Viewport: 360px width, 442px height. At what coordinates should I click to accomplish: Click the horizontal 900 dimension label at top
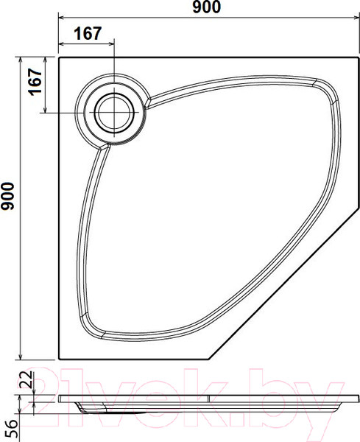206,7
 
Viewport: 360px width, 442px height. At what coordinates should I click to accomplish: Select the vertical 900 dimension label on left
7,196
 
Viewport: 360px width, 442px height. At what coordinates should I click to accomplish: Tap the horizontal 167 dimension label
88,34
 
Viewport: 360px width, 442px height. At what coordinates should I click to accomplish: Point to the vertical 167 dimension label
35,82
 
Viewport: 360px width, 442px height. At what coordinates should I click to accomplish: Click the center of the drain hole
114,113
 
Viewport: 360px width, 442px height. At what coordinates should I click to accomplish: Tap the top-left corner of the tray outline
59,57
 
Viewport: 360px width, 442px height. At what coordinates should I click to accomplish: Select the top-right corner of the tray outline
359,57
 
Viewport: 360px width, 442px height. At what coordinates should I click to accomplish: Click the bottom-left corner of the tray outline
59,359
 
